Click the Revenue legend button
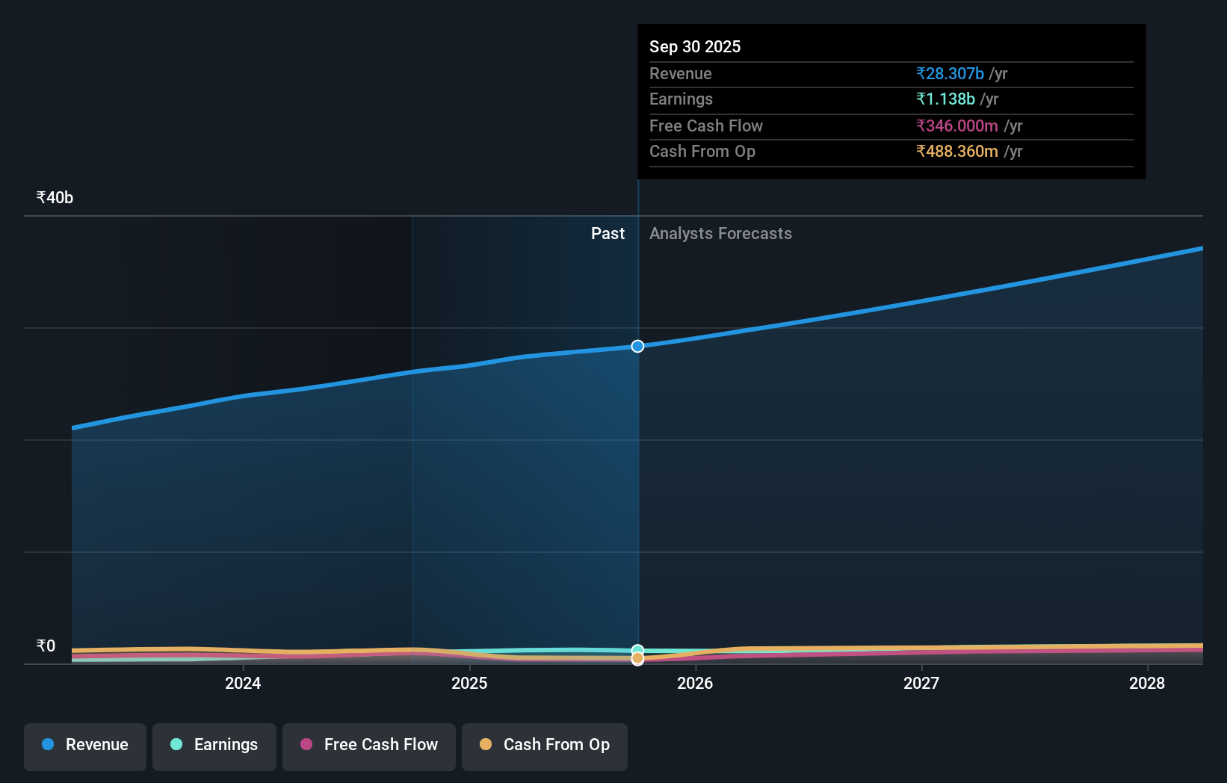click(x=85, y=745)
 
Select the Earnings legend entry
click(x=214, y=745)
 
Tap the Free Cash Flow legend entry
click(x=369, y=745)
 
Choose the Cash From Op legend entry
click(x=545, y=745)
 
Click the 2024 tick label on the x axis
click(x=243, y=683)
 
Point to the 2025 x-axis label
click(x=469, y=683)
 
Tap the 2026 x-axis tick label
click(x=695, y=683)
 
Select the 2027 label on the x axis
click(x=921, y=683)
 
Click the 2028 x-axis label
click(x=1147, y=683)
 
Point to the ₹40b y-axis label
click(x=55, y=198)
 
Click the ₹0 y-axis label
click(x=46, y=646)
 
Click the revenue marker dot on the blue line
click(x=637, y=346)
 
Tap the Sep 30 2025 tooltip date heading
click(x=695, y=47)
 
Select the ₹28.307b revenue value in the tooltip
click(x=950, y=74)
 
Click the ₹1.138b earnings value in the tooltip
click(x=945, y=99)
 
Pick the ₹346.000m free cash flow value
click(x=957, y=126)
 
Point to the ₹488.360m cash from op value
click(x=957, y=152)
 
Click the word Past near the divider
click(x=608, y=234)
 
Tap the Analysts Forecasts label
click(x=720, y=234)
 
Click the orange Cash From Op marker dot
click(x=637, y=658)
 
